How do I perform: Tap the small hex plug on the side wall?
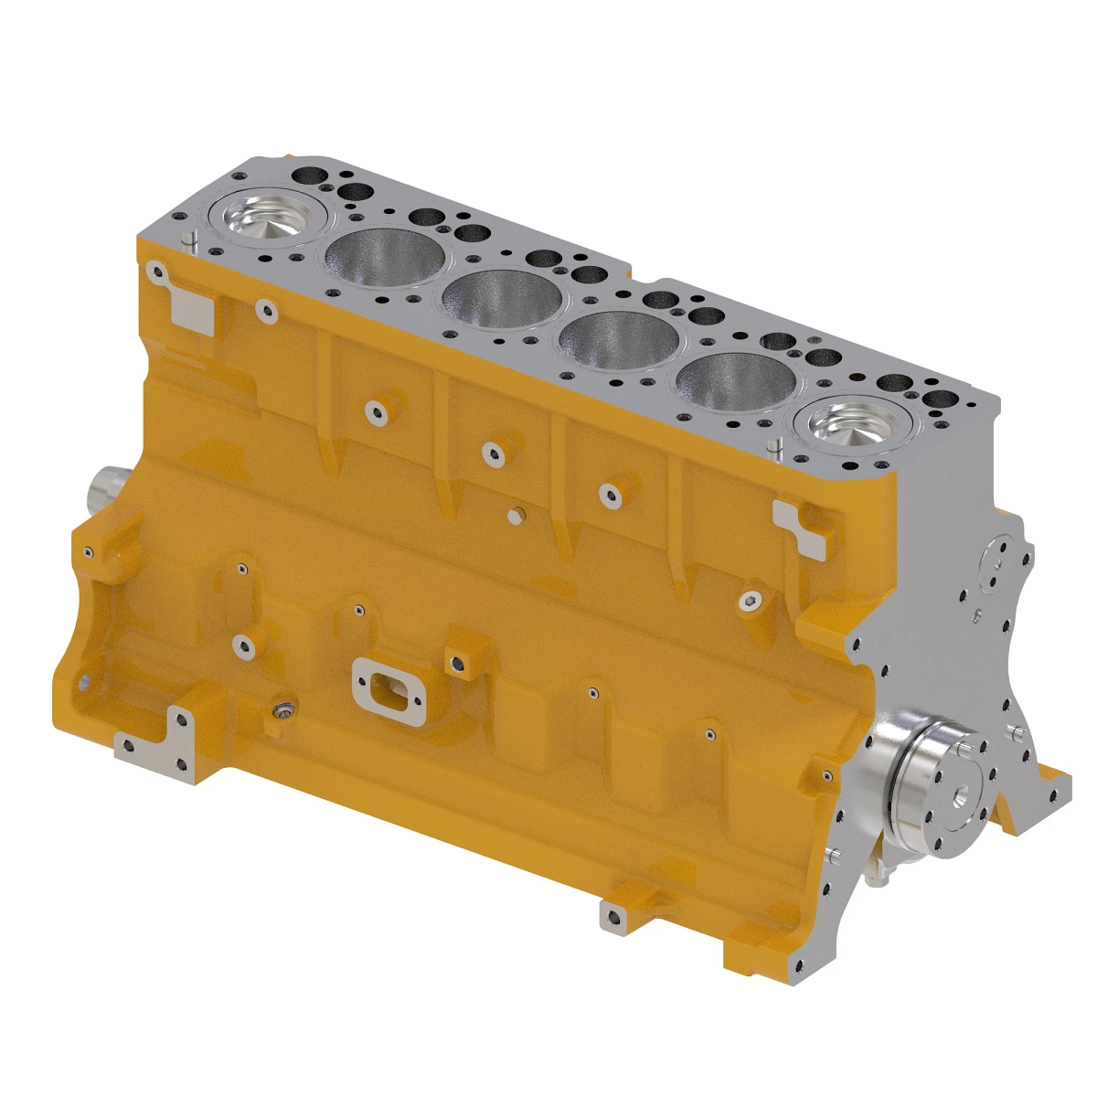[x=515, y=517]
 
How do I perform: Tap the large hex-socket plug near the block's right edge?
[x=750, y=600]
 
